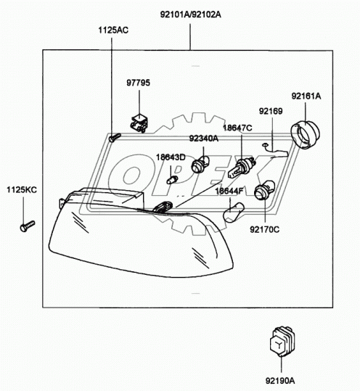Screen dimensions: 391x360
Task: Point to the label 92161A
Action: click(306, 96)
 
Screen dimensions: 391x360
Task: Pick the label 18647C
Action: click(237, 128)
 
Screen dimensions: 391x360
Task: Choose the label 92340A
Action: click(204, 138)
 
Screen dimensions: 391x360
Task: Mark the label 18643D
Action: click(171, 157)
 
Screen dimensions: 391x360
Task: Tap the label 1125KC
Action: click(21, 190)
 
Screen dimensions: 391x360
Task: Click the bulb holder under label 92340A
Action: click(198, 167)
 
